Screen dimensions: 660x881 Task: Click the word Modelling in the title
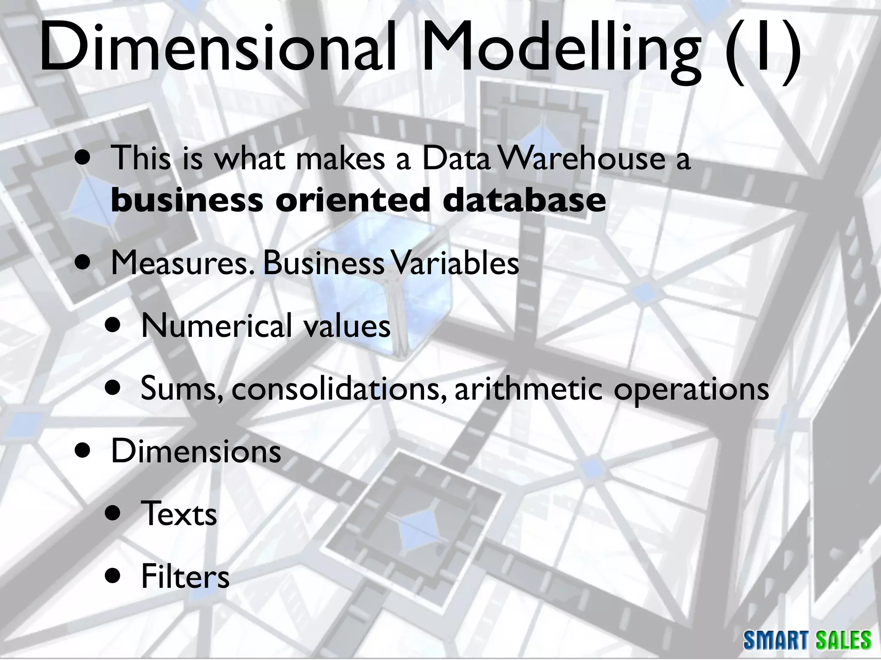coord(561,51)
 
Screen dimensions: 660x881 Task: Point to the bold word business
coord(187,200)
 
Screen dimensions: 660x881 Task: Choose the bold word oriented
coord(353,200)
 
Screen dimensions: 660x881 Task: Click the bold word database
coord(524,200)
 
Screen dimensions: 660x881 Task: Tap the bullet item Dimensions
coord(196,452)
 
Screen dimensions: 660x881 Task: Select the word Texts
coord(179,514)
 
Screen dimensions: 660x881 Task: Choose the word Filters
coord(185,577)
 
